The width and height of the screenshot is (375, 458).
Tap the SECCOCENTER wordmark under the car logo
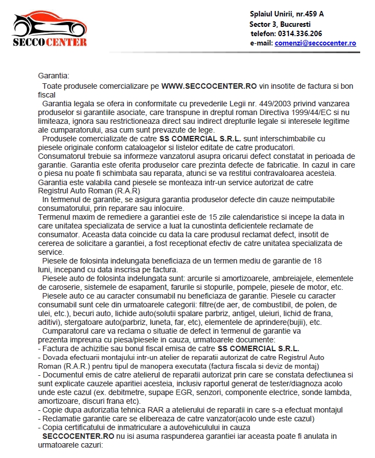coord(49,42)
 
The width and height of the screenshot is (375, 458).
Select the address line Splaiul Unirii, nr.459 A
coord(291,14)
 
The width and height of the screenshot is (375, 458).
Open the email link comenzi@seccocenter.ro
coord(315,43)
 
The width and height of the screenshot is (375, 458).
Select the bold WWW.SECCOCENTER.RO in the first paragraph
coord(209,87)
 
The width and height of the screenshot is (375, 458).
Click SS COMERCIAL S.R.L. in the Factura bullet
coord(259,348)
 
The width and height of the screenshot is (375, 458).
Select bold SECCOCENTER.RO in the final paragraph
coord(78,436)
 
